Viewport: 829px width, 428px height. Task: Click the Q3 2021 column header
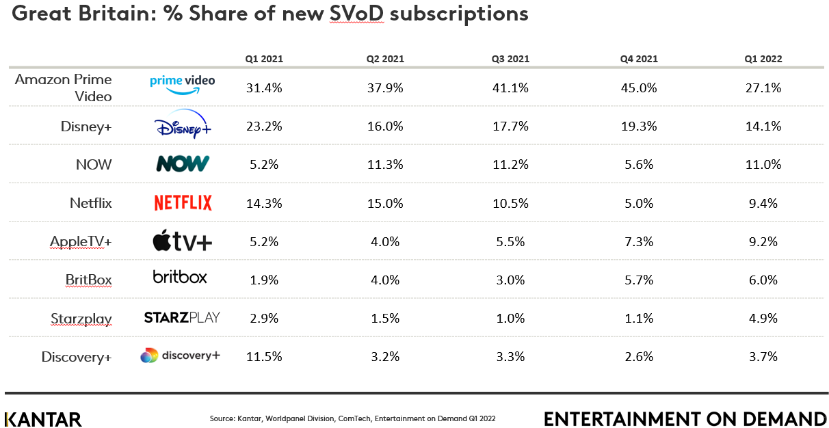510,59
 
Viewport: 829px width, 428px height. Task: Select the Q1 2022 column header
763,59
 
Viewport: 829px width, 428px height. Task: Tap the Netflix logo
183,202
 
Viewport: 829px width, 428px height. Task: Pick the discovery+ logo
180,356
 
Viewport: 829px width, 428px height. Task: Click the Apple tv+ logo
182,241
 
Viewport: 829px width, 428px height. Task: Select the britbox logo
180,277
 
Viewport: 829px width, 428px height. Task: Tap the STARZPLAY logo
182,317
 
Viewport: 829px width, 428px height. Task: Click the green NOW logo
183,163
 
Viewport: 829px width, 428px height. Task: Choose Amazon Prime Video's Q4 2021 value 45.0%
639,88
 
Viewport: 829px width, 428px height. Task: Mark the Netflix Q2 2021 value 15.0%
385,202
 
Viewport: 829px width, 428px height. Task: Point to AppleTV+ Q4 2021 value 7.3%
639,241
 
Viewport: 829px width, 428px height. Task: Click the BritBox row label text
88,280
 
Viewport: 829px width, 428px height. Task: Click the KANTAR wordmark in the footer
43,419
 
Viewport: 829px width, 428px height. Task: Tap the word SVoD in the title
356,14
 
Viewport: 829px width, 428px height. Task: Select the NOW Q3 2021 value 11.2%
510,164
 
